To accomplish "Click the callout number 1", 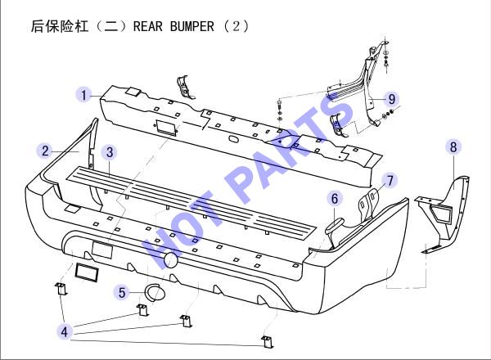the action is [x=83, y=95].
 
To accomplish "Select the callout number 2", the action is [x=45, y=151].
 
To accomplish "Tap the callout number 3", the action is [x=110, y=152].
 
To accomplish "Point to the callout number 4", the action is [x=65, y=331].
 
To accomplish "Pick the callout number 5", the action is [x=121, y=293].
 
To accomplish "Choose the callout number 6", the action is [x=335, y=199].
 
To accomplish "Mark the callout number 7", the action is [x=390, y=181].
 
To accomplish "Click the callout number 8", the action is [x=453, y=146].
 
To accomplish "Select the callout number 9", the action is [x=392, y=99].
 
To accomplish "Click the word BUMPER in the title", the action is [x=192, y=26].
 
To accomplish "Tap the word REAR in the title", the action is [x=148, y=26].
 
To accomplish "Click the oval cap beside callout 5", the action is [x=155, y=293].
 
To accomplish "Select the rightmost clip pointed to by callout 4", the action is [x=267, y=341].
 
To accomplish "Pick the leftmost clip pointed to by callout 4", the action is [x=61, y=288].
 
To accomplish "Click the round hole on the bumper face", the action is [x=171, y=260].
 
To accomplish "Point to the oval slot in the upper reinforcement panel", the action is [x=234, y=138].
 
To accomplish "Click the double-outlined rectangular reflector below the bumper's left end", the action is [x=86, y=272].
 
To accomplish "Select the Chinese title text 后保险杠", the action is [x=60, y=26].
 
